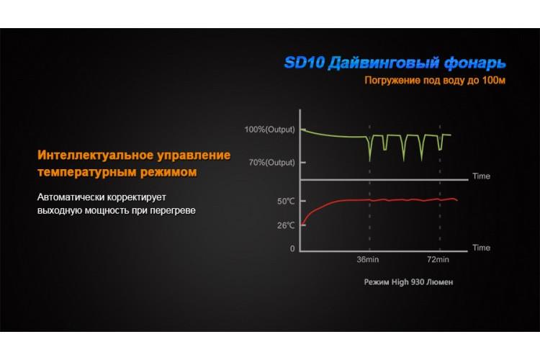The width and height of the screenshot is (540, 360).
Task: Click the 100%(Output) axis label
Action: pyautogui.click(x=270, y=130)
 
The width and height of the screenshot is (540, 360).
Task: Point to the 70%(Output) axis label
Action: pyautogui.click(x=271, y=162)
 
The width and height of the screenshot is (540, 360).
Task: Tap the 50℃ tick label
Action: pyautogui.click(x=286, y=201)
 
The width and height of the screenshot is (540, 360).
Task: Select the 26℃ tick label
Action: pyautogui.click(x=286, y=225)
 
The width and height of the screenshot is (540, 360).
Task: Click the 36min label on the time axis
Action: pyautogui.click(x=367, y=259)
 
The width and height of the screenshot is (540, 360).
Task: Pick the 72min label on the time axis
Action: pyautogui.click(x=438, y=259)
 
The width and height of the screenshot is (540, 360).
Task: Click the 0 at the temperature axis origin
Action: pyautogui.click(x=292, y=248)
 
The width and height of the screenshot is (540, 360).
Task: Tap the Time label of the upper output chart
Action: pyautogui.click(x=481, y=176)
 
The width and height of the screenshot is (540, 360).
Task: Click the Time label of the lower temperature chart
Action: pyautogui.click(x=481, y=248)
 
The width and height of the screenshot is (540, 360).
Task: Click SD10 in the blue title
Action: pyautogui.click(x=305, y=63)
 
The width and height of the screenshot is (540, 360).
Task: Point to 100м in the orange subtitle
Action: pyautogui.click(x=494, y=80)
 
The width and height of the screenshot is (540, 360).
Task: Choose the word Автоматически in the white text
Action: pyautogui.click(x=71, y=197)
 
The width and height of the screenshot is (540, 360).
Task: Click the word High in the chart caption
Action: pyautogui.click(x=400, y=282)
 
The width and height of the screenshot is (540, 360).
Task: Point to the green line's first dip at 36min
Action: pyautogui.click(x=370, y=161)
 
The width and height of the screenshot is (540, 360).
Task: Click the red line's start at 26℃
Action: pyautogui.click(x=302, y=225)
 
